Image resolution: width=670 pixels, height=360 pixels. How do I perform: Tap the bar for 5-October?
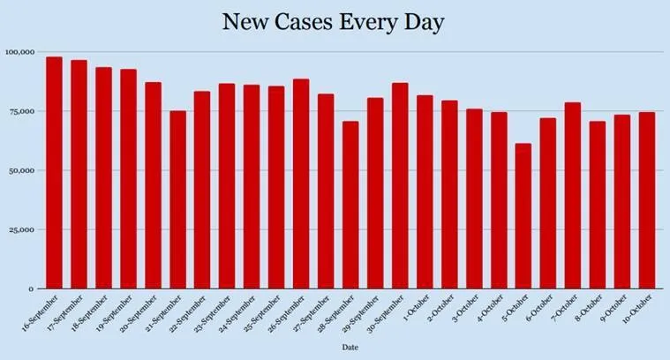click(523, 216)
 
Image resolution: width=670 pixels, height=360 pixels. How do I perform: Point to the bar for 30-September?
click(400, 185)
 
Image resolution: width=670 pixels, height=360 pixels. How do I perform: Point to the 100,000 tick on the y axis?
click(19, 52)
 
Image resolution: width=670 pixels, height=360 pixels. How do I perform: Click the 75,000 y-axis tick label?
click(20, 111)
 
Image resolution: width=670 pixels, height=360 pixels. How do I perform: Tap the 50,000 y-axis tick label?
click(20, 170)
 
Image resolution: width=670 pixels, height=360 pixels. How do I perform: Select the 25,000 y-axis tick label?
click(20, 229)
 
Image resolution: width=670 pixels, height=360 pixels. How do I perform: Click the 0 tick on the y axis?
click(31, 289)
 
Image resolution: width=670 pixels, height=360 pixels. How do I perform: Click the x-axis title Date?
click(350, 348)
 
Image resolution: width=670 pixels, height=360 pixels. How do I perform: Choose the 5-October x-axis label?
click(516, 308)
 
